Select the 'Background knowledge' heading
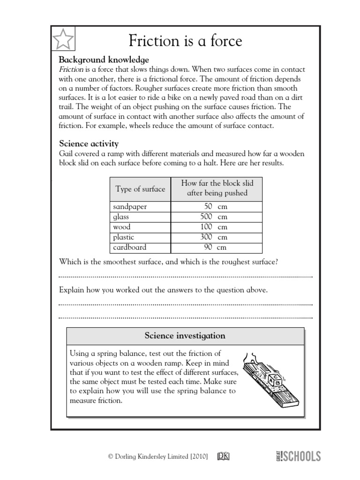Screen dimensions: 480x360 (x=104, y=60)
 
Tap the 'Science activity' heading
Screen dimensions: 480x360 (x=89, y=143)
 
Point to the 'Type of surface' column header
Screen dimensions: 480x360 (x=140, y=189)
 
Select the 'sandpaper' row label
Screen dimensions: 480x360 (x=129, y=207)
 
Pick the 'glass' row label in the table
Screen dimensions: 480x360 (x=121, y=217)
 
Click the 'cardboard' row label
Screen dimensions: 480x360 (x=130, y=247)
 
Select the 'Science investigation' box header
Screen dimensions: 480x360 (x=185, y=336)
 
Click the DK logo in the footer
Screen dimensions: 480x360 (x=223, y=456)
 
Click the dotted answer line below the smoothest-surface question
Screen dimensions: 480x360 (x=186, y=277)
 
